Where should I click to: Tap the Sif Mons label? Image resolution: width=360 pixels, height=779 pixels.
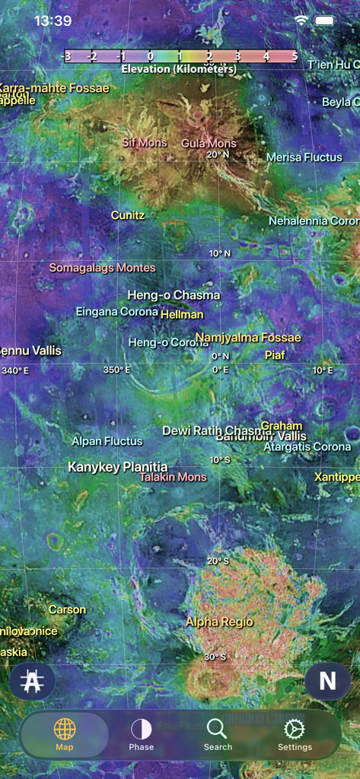(145, 142)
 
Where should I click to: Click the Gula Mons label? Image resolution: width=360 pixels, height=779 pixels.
(209, 143)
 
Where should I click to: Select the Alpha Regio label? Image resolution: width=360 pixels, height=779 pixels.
(219, 622)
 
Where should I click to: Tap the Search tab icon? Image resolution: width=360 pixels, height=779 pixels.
(217, 729)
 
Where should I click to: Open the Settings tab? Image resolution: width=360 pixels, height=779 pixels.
(295, 734)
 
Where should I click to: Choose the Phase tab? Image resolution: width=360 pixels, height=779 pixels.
(141, 734)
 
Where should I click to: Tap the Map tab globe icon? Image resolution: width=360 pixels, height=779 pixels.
(65, 729)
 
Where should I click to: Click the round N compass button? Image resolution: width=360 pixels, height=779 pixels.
(327, 680)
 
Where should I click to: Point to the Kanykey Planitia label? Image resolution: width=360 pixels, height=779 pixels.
(118, 467)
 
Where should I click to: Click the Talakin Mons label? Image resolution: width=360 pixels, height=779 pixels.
(173, 477)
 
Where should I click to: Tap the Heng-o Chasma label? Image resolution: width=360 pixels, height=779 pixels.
(174, 295)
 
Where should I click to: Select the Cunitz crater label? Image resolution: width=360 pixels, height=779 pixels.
(128, 215)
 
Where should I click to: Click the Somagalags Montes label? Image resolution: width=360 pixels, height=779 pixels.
(102, 268)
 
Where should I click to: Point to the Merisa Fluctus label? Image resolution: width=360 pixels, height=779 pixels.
(304, 157)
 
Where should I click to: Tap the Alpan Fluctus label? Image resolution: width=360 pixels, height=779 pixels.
(107, 441)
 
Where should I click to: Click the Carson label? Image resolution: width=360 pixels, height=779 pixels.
(67, 610)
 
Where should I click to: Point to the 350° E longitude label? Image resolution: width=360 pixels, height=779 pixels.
(117, 370)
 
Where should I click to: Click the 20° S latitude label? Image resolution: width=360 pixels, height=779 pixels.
(218, 561)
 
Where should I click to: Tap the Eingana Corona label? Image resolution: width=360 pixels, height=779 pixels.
(117, 312)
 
